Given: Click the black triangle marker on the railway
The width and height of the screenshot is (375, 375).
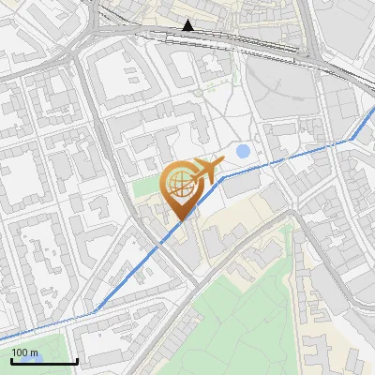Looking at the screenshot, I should [x=188, y=25].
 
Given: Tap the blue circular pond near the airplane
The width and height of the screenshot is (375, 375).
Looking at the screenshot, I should [x=244, y=150].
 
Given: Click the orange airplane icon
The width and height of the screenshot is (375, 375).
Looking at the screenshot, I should [x=205, y=171].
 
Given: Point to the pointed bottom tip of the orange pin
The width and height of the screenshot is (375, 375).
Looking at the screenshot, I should [x=179, y=221].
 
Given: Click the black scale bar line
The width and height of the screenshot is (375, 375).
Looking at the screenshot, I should [x=44, y=361].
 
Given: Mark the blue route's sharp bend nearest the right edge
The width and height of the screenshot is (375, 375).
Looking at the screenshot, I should [x=354, y=140].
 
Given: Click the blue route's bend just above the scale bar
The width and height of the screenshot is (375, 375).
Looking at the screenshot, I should [x=95, y=310].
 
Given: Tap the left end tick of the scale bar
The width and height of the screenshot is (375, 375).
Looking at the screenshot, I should [x=11, y=360].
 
